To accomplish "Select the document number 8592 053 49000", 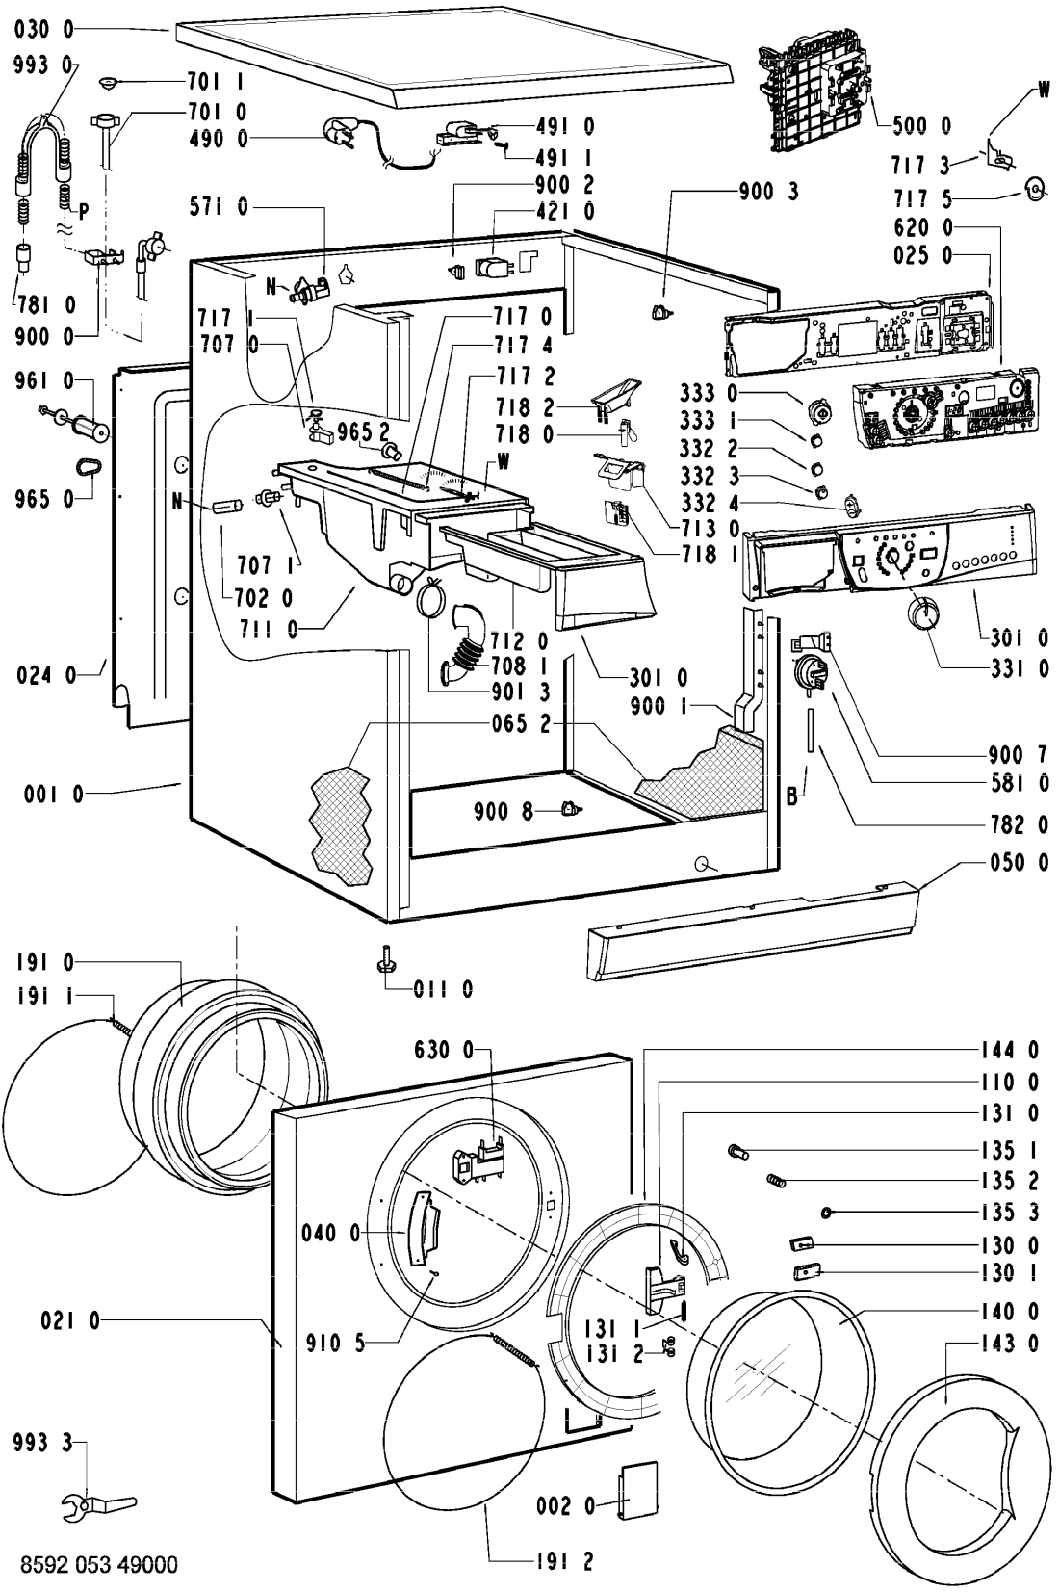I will [x=97, y=1566].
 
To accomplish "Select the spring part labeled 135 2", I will [x=776, y=1180].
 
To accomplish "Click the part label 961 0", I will [x=43, y=382].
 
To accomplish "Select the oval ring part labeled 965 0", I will [x=89, y=467].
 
